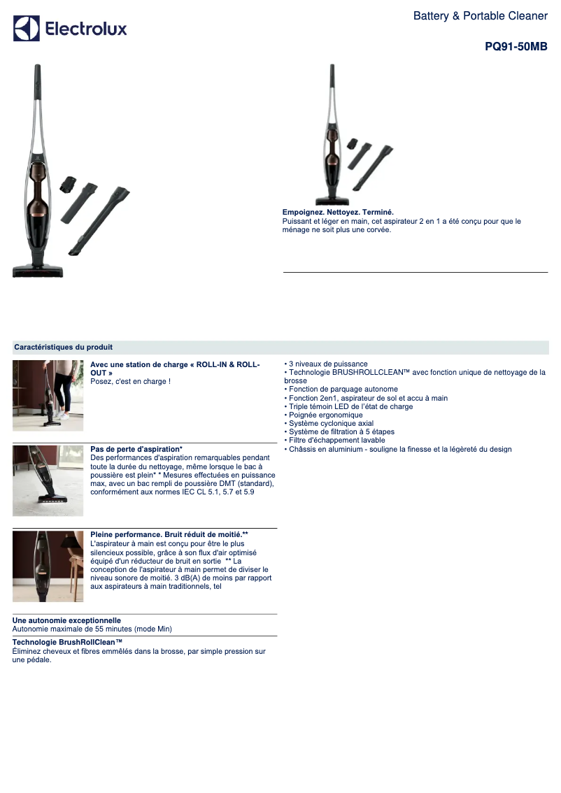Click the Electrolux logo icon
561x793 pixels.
point(27,28)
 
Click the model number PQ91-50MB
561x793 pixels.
point(516,47)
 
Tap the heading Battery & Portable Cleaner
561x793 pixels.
point(480,15)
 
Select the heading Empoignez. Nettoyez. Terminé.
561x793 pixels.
point(338,213)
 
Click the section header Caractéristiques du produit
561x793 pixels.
point(63,347)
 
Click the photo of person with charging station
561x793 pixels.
point(48,396)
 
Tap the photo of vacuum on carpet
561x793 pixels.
point(48,480)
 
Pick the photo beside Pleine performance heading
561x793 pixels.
point(48,566)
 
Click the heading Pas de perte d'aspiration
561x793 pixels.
point(136,449)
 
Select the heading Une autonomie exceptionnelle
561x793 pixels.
point(66,620)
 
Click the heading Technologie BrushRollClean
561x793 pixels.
point(68,642)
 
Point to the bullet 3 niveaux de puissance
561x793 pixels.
point(326,364)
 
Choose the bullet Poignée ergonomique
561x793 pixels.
point(323,415)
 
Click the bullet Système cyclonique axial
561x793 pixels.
point(329,423)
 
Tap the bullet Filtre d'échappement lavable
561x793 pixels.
point(334,441)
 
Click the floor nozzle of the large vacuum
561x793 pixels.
point(38,271)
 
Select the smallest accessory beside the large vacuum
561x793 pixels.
point(67,184)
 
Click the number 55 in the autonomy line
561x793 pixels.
point(99,629)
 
